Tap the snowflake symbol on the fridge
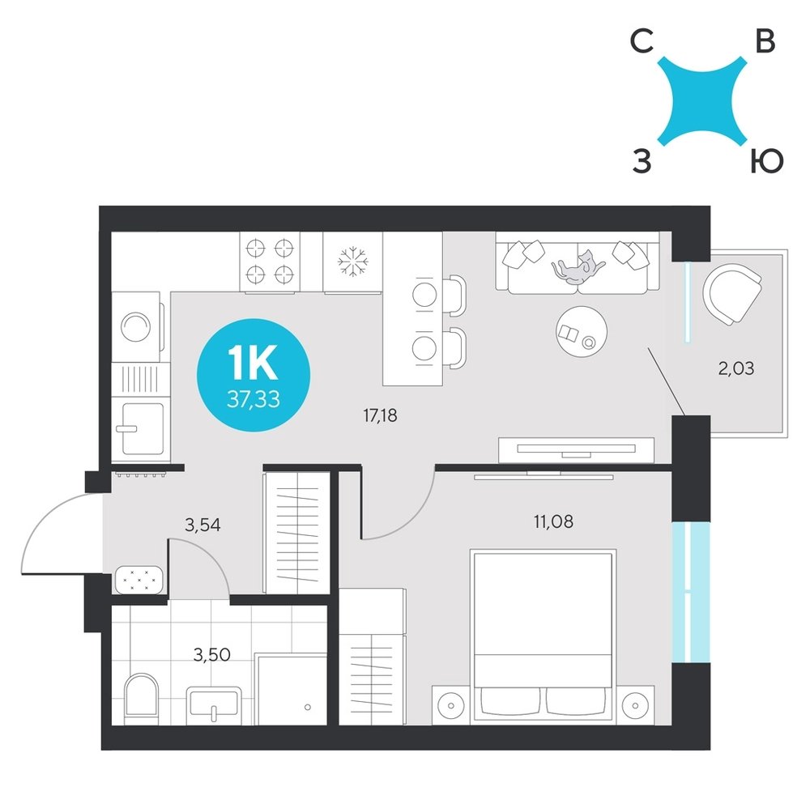[353, 262]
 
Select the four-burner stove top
[270, 262]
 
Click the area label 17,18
[380, 415]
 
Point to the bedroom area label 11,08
[553, 521]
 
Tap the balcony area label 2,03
[736, 368]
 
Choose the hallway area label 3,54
[202, 525]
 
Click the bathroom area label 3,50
[211, 655]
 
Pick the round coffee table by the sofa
[582, 331]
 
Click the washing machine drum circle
[136, 326]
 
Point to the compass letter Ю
[766, 162]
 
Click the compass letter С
[642, 41]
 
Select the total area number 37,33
[253, 399]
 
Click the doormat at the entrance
[139, 580]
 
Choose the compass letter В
[765, 41]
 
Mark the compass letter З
[642, 162]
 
